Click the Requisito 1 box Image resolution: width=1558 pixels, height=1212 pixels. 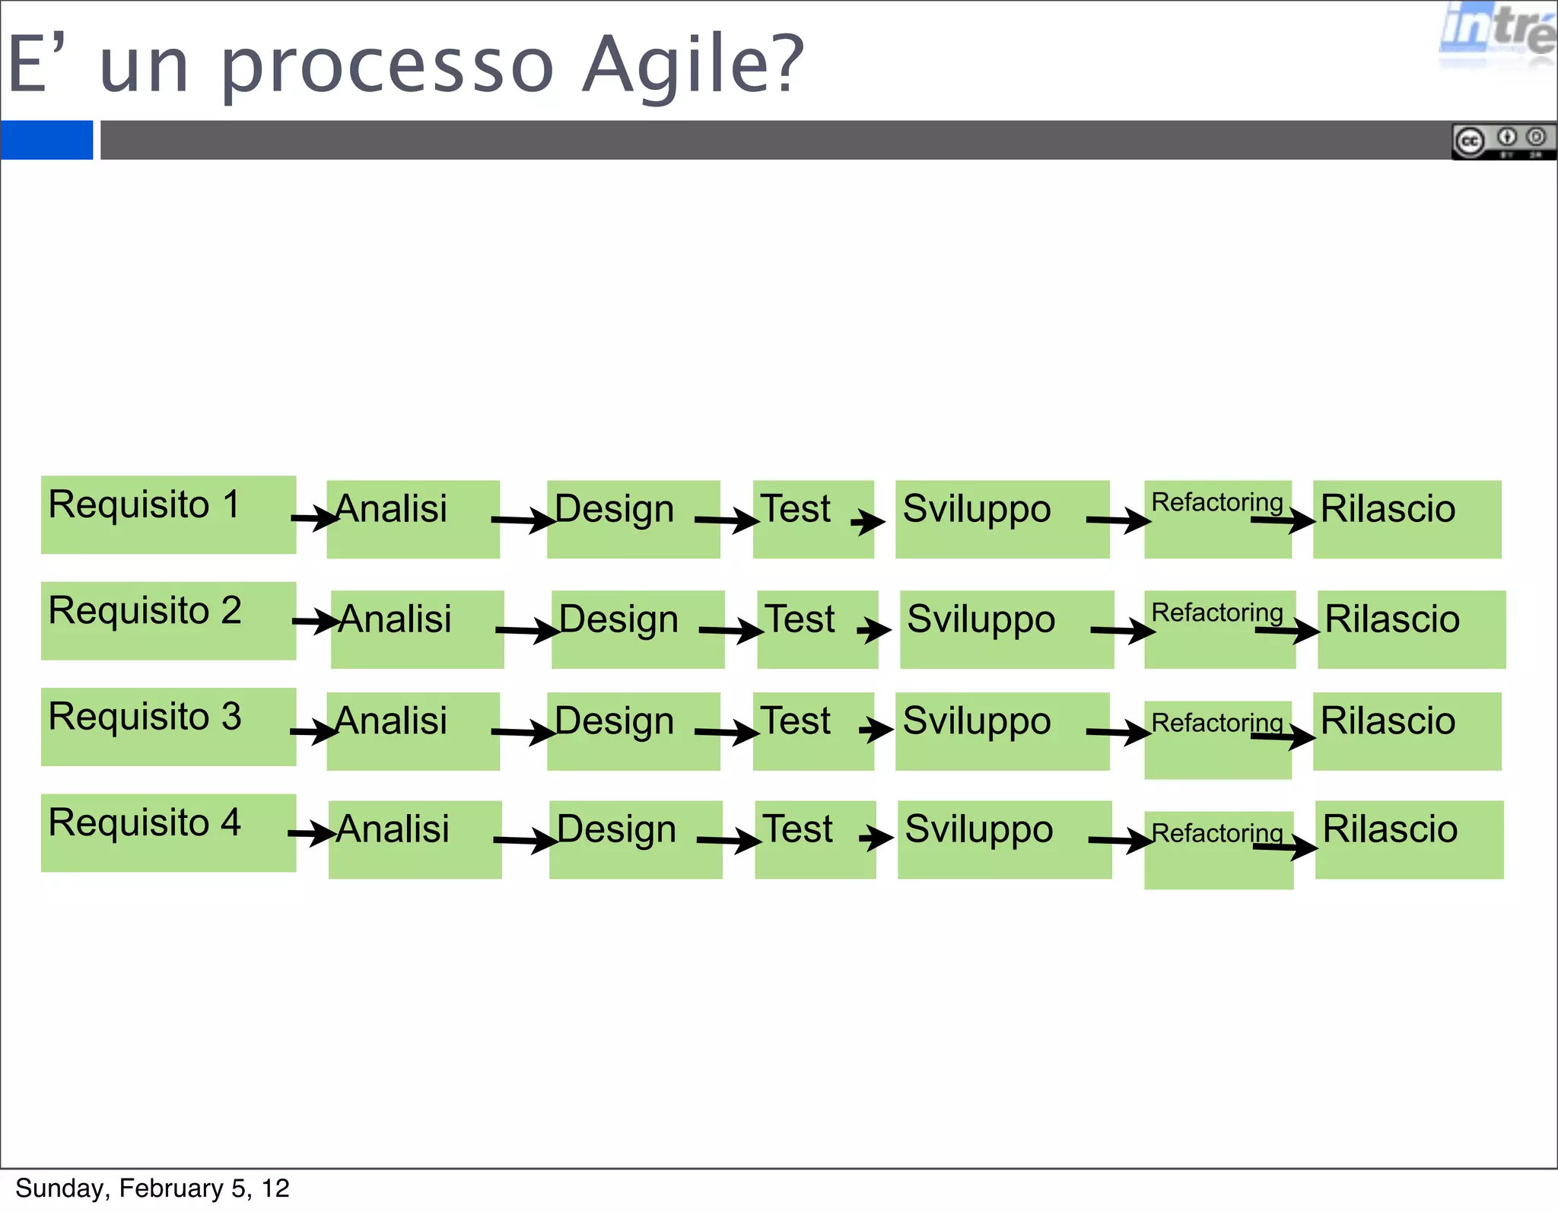[168, 515]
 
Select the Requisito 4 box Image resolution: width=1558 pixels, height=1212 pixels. [168, 833]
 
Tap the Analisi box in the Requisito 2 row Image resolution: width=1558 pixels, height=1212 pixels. [417, 630]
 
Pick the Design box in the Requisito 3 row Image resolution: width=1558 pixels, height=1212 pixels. [633, 731]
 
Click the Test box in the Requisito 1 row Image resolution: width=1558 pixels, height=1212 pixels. [812, 520]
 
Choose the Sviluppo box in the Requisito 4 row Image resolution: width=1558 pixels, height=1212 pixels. [1004, 840]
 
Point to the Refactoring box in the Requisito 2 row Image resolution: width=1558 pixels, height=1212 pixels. [1219, 630]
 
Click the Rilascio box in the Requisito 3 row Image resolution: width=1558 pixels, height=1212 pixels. [1407, 731]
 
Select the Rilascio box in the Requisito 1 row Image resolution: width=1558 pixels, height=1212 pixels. [1407, 520]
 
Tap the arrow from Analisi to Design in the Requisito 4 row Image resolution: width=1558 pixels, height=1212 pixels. [526, 840]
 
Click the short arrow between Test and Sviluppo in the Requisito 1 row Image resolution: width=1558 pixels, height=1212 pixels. [868, 522]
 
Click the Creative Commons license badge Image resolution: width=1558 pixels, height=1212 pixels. [1503, 142]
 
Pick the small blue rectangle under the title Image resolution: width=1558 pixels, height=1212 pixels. [46, 140]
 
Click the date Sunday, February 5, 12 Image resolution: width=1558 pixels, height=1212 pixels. [152, 1188]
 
